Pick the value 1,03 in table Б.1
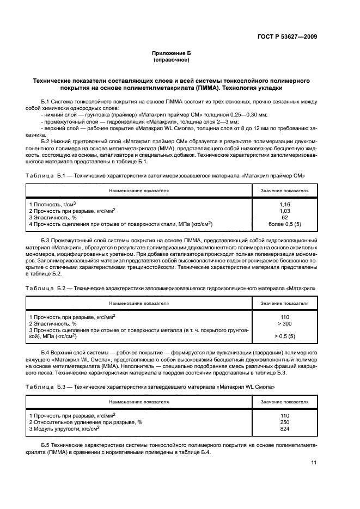coord(284,210)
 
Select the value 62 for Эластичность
coord(284,217)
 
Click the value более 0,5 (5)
coord(284,224)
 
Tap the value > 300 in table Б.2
coord(284,323)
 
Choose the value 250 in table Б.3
coord(284,421)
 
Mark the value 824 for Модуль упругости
coord(284,428)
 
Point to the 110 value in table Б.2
coord(284,316)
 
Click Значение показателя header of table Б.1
coord(284,191)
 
